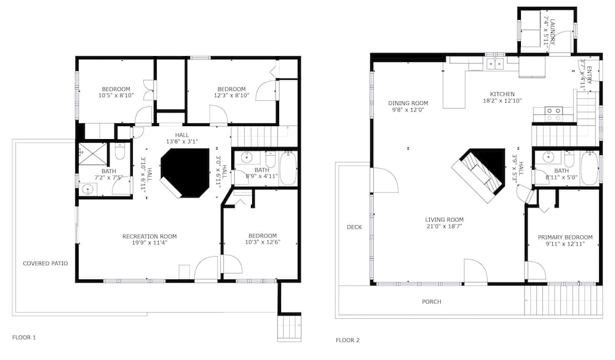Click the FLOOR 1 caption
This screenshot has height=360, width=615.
pos(24,337)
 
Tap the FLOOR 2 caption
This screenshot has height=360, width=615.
pos(347,340)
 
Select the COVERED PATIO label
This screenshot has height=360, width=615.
pos(45,263)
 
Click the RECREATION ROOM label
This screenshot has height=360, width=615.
pos(149,236)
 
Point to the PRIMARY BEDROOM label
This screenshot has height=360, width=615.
pos(565,237)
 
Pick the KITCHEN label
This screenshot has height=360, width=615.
pos(502,94)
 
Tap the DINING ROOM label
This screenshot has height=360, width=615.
pos(408,103)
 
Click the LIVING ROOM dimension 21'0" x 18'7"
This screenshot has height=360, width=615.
pos(445,226)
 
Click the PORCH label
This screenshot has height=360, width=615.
pos(432,302)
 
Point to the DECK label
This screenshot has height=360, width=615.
pos(354,227)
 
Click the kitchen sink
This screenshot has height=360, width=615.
pos(495,63)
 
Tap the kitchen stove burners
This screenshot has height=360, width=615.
pos(553,114)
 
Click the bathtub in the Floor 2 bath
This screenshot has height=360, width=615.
pos(589,168)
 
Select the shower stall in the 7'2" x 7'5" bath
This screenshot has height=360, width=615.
pos(93,154)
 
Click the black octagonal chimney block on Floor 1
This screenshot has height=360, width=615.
pos(186,172)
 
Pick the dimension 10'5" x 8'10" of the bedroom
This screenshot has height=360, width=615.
pos(116,95)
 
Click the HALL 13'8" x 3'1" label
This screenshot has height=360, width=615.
pos(182,138)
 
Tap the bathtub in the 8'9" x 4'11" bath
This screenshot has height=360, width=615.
pos(288,168)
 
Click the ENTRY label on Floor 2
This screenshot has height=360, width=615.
pos(589,75)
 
